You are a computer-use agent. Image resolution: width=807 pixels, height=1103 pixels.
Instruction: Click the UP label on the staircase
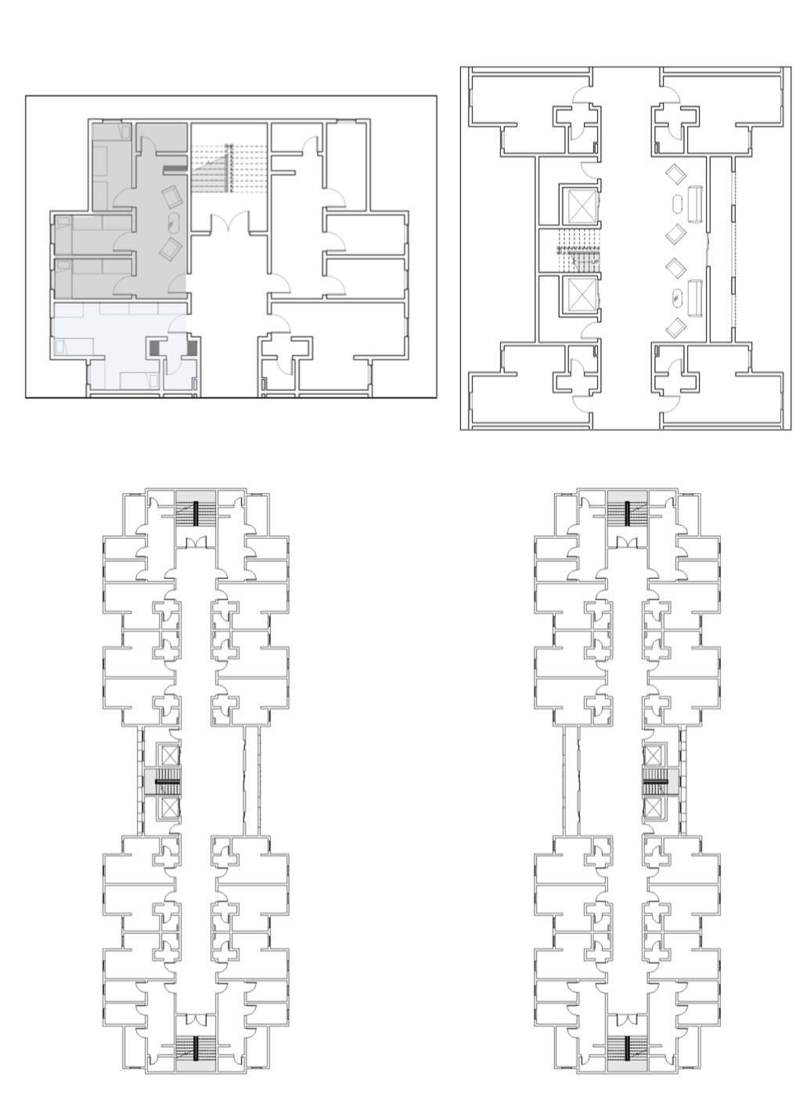594,262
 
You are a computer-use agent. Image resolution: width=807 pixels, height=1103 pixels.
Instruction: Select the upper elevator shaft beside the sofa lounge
582,204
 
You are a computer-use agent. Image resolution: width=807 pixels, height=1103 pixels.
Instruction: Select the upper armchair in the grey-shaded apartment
171,196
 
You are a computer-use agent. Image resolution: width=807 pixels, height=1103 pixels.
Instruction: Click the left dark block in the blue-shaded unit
154,348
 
